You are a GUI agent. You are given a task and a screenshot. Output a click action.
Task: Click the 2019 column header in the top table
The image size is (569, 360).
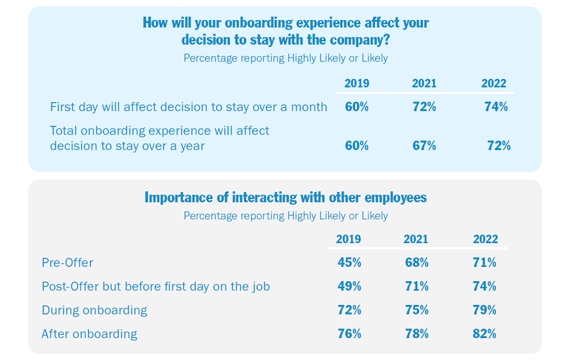pos(356,83)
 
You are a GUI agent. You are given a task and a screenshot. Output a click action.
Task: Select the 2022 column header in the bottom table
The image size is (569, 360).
pos(485,239)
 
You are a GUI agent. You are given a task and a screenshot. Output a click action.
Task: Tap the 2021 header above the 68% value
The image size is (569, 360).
pos(416,239)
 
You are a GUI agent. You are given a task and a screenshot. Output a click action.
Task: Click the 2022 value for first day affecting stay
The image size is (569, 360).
pos(496,107)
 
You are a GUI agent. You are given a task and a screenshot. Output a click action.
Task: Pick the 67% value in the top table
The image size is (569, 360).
pos(425,146)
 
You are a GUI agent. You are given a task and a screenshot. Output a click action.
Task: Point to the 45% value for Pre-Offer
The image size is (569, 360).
pos(349,262)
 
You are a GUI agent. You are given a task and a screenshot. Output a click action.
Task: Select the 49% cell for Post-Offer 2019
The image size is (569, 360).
pos(349,286)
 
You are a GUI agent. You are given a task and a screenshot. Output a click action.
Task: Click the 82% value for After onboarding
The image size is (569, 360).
pos(484,334)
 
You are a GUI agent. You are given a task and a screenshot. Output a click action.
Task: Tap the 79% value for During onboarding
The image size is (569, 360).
pos(484,310)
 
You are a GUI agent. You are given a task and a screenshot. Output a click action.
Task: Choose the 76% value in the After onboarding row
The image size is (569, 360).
pos(349,334)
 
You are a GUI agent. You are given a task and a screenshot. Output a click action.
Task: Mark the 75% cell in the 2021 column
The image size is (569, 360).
pos(417,310)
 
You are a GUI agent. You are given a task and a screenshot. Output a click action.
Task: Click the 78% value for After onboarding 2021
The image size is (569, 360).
pos(417,334)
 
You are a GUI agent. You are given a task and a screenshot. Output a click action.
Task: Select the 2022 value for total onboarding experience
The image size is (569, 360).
pos(498,146)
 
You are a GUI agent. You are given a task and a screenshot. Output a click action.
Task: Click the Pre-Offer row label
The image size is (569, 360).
pos(67,262)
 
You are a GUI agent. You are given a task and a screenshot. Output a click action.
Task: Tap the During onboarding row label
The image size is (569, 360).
pos(94,311)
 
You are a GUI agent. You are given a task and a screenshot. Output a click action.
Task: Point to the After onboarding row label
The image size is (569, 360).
pos(89,334)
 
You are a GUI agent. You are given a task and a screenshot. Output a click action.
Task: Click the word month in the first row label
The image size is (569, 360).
pos(309,107)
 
